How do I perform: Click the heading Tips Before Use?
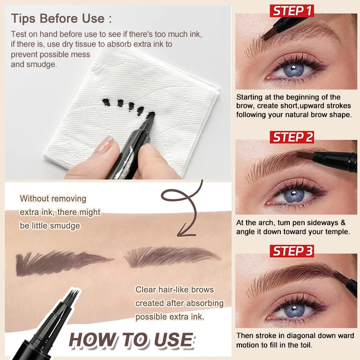pyautogui.click(x=61, y=19)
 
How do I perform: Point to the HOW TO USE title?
pyautogui.click(x=131, y=340)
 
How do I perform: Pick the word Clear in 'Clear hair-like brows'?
pyautogui.click(x=147, y=289)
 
